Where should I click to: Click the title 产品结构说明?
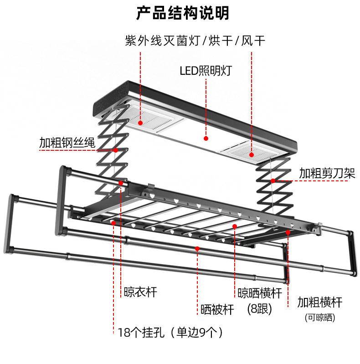click(x=183, y=13)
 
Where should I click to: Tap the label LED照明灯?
click(x=206, y=71)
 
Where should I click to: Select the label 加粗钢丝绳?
click(x=67, y=143)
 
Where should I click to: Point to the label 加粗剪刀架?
click(x=327, y=173)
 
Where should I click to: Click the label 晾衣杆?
click(x=140, y=292)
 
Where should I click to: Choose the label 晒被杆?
click(x=217, y=309)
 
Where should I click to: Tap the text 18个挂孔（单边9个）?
click(x=170, y=333)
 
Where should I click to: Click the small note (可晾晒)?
click(x=320, y=318)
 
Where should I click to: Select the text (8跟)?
click(x=260, y=309)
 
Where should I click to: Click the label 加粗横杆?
click(x=320, y=302)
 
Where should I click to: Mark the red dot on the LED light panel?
click(x=206, y=138)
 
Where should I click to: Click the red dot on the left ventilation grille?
click(x=140, y=123)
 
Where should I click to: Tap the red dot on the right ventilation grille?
click(x=252, y=155)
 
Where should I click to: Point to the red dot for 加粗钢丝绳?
click(x=116, y=150)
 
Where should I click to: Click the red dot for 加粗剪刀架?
click(x=273, y=180)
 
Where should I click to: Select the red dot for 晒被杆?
click(x=197, y=249)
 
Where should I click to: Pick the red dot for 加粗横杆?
click(x=288, y=232)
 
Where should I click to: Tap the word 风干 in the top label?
click(x=253, y=41)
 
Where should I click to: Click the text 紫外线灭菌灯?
click(x=163, y=41)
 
